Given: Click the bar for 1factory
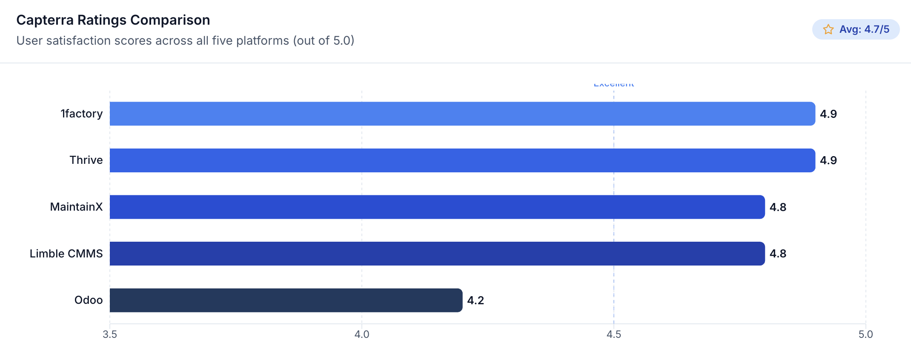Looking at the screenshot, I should [462, 114].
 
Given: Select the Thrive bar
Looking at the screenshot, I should [462, 160].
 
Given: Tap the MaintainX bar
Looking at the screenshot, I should [437, 207].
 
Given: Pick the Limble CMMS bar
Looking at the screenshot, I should [437, 254].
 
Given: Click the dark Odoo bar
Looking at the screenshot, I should [286, 300].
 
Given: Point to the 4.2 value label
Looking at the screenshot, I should [476, 300].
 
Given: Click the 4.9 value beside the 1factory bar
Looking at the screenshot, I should [828, 114].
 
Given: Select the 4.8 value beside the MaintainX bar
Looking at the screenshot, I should [778, 207].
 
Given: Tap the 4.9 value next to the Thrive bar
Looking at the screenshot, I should [828, 160].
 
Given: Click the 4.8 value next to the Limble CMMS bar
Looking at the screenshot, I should [778, 254].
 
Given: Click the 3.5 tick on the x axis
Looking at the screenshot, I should [110, 334].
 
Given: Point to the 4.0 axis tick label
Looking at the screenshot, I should [362, 334].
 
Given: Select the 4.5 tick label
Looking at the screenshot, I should [614, 334].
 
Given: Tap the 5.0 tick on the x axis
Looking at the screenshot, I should [865, 334].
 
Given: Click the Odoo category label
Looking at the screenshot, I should [89, 300].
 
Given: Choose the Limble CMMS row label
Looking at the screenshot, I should [66, 254].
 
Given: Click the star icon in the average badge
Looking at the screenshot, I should [828, 29].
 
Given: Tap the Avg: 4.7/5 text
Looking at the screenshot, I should [864, 29].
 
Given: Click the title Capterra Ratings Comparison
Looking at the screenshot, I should [113, 20].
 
